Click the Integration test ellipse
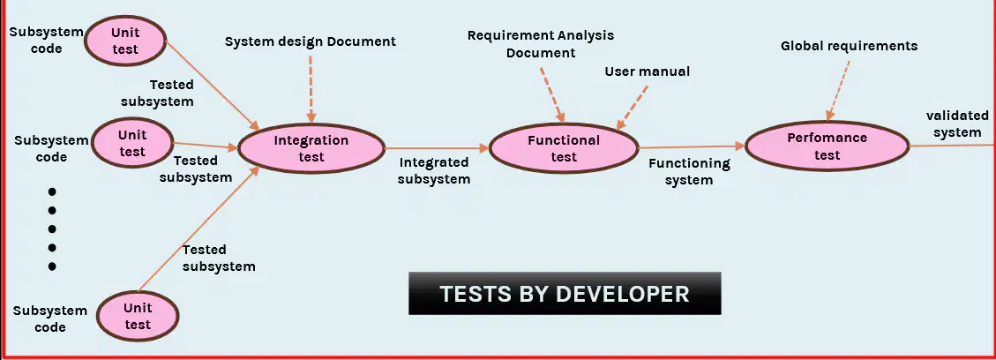coord(311,148)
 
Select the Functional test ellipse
coord(564,148)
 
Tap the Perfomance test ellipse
coord(827,146)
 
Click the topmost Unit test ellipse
coord(125,41)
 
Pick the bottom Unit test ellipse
coord(138,316)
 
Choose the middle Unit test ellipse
coord(132,143)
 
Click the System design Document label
coord(311,41)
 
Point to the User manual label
coord(647,71)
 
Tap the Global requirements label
coord(850,46)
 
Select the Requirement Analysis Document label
coord(541,44)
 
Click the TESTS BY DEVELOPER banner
coord(565,293)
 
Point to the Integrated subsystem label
coord(434,171)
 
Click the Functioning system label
coord(689,171)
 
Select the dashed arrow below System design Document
coord(311,89)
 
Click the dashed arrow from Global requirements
coord(838,90)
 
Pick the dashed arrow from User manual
coord(632,107)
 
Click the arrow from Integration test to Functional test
coord(437,148)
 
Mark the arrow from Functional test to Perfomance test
coord(691,147)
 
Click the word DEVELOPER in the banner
coord(623,294)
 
